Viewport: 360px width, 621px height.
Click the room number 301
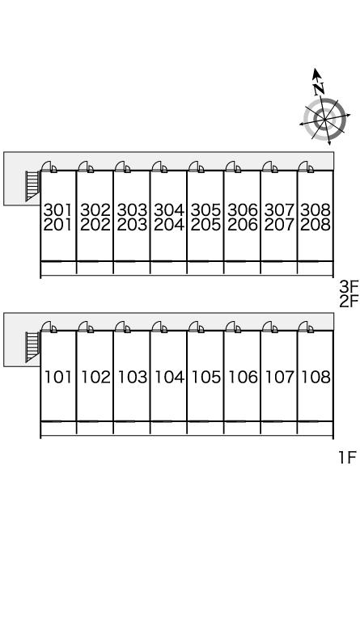(58, 209)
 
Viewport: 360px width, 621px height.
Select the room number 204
(169, 225)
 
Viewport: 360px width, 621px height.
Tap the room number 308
(316, 209)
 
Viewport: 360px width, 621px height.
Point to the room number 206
(243, 225)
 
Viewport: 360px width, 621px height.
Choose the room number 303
(133, 209)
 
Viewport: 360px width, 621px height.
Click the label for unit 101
(58, 377)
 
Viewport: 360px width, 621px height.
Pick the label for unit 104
(169, 377)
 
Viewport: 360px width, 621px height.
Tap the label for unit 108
(316, 377)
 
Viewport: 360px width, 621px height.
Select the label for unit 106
(243, 377)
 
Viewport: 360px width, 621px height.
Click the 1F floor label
(348, 458)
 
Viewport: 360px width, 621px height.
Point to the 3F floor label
(349, 286)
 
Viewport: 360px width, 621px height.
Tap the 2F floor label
(349, 302)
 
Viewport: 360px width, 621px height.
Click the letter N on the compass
(319, 88)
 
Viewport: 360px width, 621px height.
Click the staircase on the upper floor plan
(33, 186)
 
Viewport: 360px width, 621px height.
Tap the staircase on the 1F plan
(33, 347)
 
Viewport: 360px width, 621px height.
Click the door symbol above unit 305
(197, 167)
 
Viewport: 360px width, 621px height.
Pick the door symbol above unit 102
(86, 327)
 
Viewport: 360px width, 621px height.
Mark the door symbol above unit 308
(306, 167)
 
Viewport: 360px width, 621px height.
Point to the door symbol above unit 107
(269, 327)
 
